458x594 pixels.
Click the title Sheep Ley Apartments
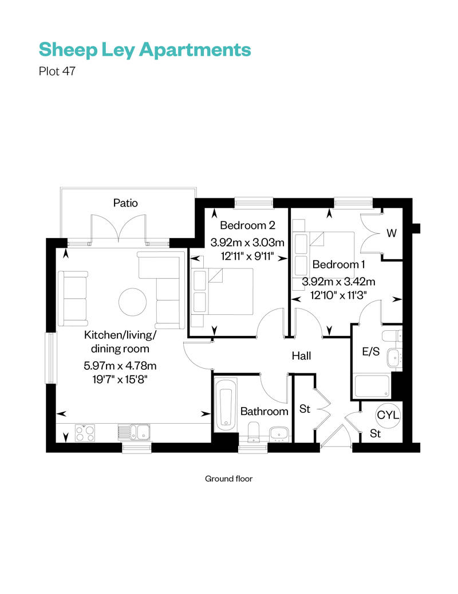[x=144, y=50]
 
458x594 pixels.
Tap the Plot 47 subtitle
[x=57, y=72]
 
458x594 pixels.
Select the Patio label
[x=125, y=203]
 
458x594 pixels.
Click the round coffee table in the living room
[x=132, y=301]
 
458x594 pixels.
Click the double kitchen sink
[x=134, y=432]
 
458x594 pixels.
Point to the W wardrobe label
[x=392, y=233]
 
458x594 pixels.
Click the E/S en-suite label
[x=370, y=351]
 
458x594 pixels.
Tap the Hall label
[x=301, y=356]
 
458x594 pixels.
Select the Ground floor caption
[x=228, y=478]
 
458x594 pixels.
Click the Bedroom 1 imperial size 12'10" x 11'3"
[x=338, y=295]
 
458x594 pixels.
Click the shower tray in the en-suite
[x=372, y=386]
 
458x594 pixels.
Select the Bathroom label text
[x=264, y=411]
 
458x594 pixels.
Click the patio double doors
[x=118, y=228]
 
